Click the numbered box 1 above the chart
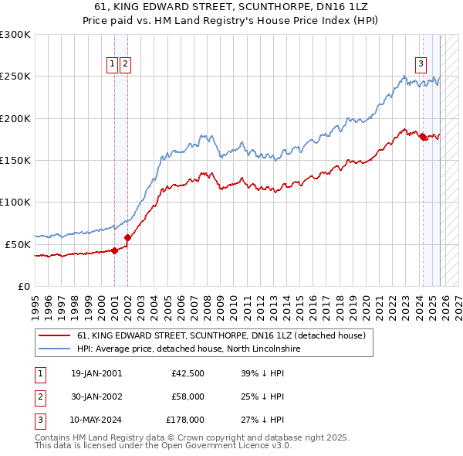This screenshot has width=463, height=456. (113, 65)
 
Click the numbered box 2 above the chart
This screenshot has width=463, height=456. (125, 65)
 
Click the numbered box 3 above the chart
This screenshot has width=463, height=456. (421, 65)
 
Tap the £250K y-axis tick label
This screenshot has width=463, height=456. (15, 77)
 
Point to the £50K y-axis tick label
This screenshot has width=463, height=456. (19, 244)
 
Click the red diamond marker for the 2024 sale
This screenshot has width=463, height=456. (423, 137)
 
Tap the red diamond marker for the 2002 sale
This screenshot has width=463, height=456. (127, 237)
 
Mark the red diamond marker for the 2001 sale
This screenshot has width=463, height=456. (114, 250)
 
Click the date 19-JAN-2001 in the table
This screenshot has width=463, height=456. (96, 373)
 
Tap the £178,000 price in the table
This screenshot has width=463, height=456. (184, 420)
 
